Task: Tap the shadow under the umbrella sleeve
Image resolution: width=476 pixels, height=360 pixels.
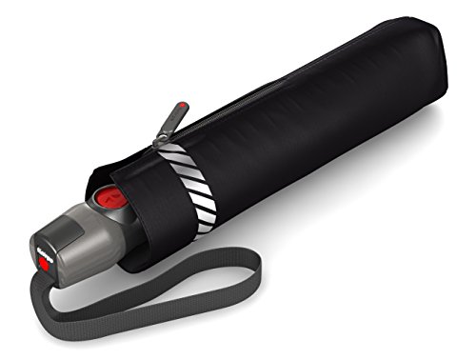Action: click(362, 190)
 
